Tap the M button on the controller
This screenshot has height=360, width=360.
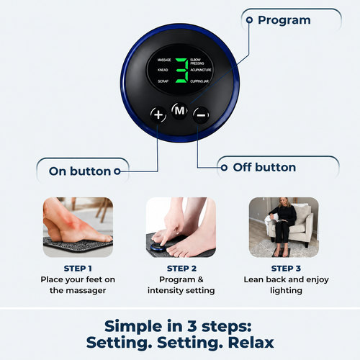(180, 111)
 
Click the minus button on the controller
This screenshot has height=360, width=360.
(201, 115)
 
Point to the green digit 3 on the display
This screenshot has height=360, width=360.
(182, 71)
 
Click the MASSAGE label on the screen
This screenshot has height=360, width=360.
(164, 60)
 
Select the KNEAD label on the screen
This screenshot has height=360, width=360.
(163, 70)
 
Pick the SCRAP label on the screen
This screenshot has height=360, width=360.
(163, 81)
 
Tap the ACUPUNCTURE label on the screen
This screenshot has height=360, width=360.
(201, 70)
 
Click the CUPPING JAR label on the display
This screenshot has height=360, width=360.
(199, 81)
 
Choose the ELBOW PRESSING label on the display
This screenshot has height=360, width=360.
(197, 61)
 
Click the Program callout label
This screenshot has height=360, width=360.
(284, 20)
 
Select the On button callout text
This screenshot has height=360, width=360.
(80, 171)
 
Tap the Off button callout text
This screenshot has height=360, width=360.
(264, 167)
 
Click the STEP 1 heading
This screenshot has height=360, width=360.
(78, 269)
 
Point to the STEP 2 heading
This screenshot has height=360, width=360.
(181, 269)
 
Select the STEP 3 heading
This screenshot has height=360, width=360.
(286, 269)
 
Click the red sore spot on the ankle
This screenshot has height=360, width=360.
(72, 222)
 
